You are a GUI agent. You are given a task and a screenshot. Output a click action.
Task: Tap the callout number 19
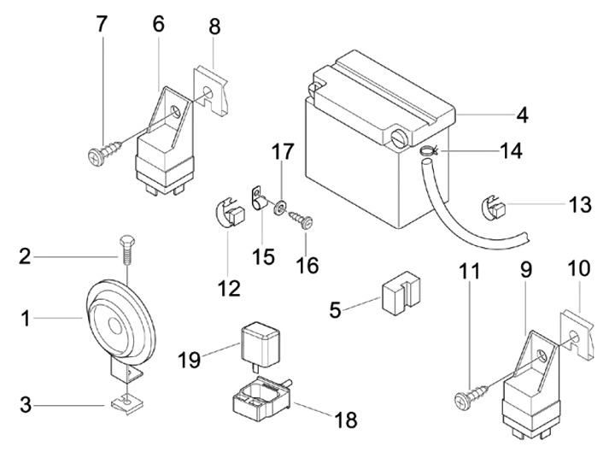pyautogui.click(x=190, y=359)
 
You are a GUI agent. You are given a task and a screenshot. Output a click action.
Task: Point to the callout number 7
pyautogui.click(x=102, y=25)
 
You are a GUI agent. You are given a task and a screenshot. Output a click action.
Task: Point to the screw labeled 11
pyautogui.click(x=473, y=396)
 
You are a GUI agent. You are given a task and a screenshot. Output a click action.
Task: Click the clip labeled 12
pyautogui.click(x=224, y=214)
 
